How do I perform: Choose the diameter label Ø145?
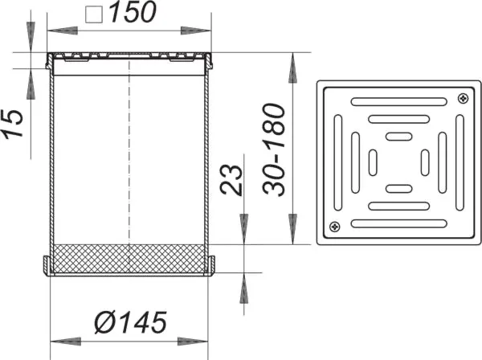tap(129, 323)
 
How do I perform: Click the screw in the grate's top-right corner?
tap(461, 98)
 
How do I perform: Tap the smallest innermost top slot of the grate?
tap(398, 136)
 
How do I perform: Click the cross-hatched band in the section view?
tap(129, 258)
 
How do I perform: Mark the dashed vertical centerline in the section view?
tap(129, 161)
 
